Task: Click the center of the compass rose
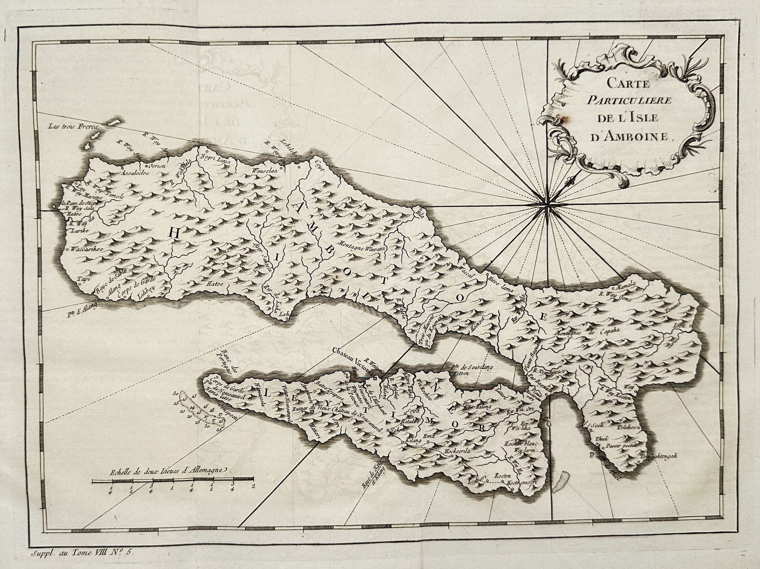547,205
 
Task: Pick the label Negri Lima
216,161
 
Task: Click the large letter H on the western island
175,232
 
